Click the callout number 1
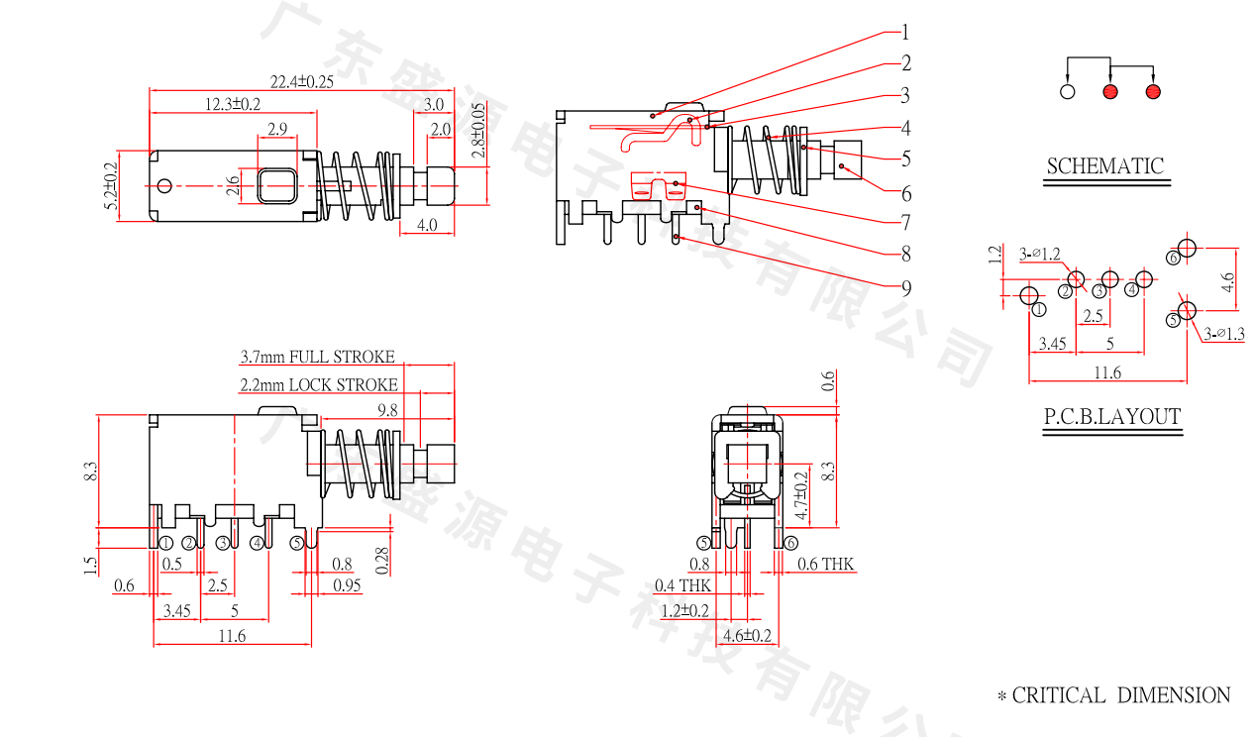pyautogui.click(x=904, y=32)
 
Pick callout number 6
pyautogui.click(x=905, y=193)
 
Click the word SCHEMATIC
pyautogui.click(x=1105, y=165)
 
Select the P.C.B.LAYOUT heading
pyautogui.click(x=1112, y=417)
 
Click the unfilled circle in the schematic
pyautogui.click(x=1068, y=92)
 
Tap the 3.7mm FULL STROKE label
pyautogui.click(x=317, y=357)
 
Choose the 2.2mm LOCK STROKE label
pyautogui.click(x=318, y=384)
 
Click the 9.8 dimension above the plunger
pyautogui.click(x=386, y=409)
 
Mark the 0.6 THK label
pyautogui.click(x=825, y=565)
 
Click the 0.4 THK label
pyautogui.click(x=682, y=586)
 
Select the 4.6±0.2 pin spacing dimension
pyautogui.click(x=748, y=634)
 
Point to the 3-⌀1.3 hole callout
pyautogui.click(x=1224, y=334)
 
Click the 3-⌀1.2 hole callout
pyautogui.click(x=1040, y=254)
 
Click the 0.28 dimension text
pyautogui.click(x=382, y=561)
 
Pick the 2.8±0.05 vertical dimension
pyautogui.click(x=479, y=130)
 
